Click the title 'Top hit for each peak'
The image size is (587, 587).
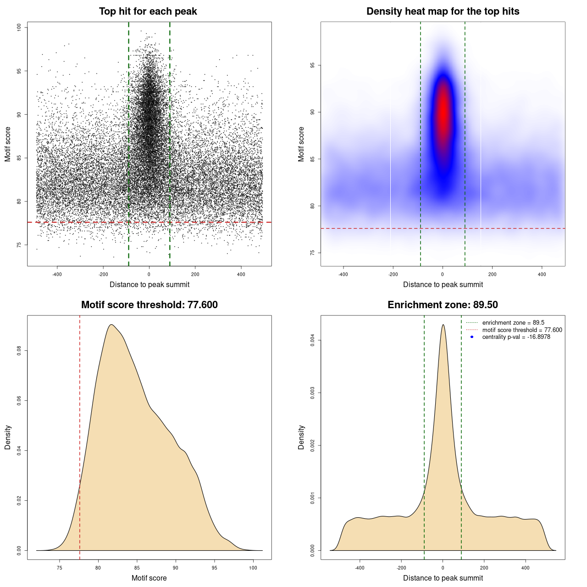point(148,11)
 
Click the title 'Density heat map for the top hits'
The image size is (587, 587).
point(443,11)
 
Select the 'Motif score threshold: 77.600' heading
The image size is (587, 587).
point(149,305)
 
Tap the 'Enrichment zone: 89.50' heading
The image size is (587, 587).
point(443,305)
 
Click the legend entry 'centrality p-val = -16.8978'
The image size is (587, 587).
point(516,337)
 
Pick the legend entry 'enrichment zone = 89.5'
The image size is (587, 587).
point(513,323)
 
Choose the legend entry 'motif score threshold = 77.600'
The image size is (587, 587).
point(522,330)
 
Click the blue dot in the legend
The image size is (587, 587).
point(472,337)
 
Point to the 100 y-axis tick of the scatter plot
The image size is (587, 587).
point(19,28)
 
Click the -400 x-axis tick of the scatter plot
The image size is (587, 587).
point(57,274)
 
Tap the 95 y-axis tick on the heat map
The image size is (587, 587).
point(313,66)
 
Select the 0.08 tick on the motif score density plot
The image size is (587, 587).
point(19,351)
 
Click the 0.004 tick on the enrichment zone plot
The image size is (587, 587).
point(313,340)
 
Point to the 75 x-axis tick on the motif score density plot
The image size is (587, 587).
point(59,568)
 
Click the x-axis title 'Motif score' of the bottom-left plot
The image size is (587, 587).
point(149,578)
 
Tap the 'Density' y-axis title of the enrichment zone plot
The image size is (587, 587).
point(301,437)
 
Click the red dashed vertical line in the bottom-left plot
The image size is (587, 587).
point(80,436)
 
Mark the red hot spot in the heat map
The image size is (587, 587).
point(443,110)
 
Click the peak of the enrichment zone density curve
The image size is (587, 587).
point(443,325)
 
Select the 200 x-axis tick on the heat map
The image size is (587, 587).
point(492,274)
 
